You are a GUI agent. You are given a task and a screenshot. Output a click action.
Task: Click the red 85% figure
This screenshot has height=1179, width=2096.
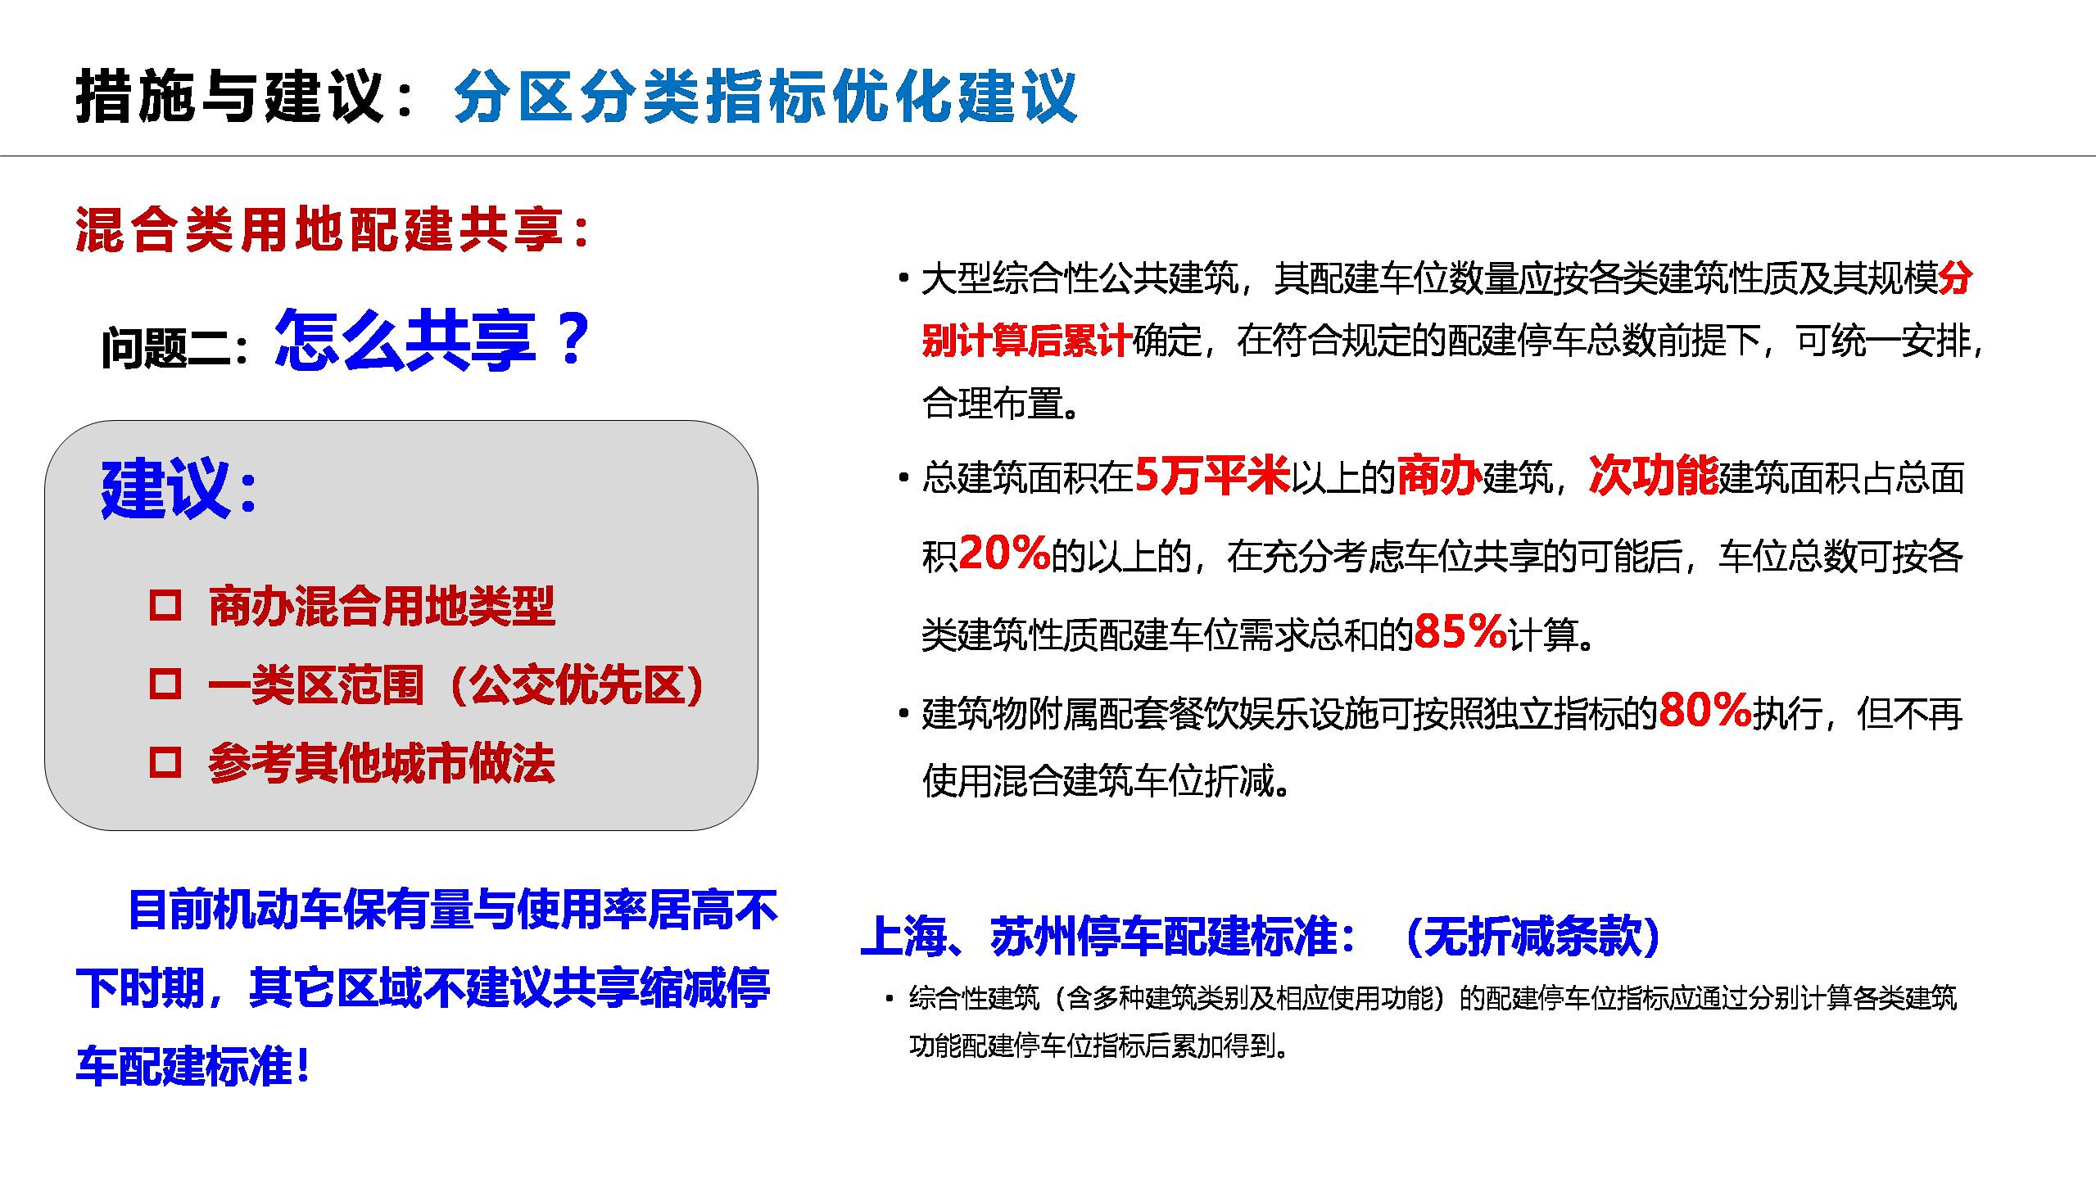tap(1460, 631)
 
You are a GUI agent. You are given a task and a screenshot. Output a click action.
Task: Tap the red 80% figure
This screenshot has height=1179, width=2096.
tap(1705, 710)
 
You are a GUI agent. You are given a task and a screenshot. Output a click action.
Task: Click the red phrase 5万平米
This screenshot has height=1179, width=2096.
tap(1212, 475)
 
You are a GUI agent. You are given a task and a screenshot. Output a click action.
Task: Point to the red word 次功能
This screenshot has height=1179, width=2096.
tap(1654, 475)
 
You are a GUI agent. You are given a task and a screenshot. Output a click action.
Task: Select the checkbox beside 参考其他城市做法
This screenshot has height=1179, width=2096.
tap(165, 762)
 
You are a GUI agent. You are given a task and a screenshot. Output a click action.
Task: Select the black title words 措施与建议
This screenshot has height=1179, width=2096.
tap(229, 97)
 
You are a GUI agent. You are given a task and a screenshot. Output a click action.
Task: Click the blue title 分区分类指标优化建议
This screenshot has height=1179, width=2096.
tap(765, 97)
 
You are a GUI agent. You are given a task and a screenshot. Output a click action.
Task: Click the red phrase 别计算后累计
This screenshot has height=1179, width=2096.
tap(1027, 340)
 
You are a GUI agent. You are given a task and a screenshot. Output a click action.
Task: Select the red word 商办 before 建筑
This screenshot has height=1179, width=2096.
tap(1439, 475)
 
